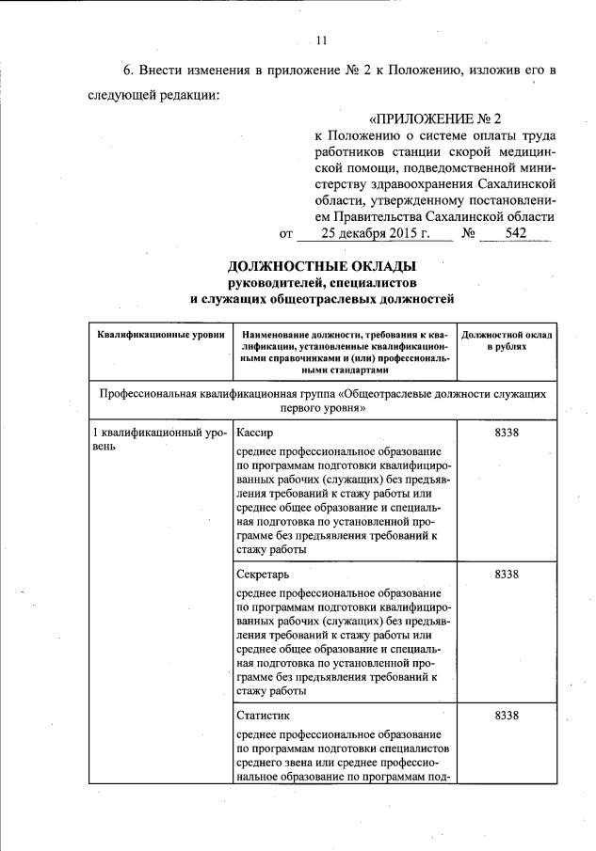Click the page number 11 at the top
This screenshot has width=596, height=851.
(x=322, y=39)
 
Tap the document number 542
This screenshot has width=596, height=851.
(x=515, y=233)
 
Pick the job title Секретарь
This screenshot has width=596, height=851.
(x=263, y=574)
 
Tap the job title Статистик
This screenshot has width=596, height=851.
(x=264, y=716)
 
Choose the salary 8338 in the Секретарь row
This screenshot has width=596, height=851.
(x=507, y=574)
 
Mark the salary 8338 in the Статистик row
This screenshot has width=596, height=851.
(x=507, y=716)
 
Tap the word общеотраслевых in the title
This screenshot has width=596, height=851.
(x=335, y=300)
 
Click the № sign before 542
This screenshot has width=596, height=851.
(x=468, y=233)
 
